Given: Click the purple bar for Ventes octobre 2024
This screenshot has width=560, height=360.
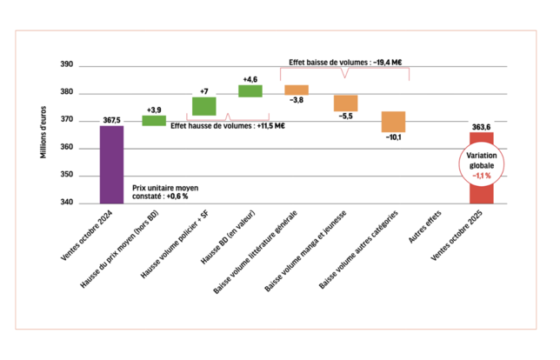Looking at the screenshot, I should [111, 165].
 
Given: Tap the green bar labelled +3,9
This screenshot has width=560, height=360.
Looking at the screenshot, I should [154, 120].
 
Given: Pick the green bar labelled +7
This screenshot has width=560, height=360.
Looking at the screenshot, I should [203, 106].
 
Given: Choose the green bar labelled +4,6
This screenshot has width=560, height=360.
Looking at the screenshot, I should [250, 91].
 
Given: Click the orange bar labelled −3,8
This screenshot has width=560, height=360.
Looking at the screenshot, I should [297, 90].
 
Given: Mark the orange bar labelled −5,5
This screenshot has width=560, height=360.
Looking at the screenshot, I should [345, 103].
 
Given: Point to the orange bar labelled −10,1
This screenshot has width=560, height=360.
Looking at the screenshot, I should [393, 122].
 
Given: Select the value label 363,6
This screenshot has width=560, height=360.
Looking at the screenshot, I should [481, 127].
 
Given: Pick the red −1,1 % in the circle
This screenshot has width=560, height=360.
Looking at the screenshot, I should [481, 176].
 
